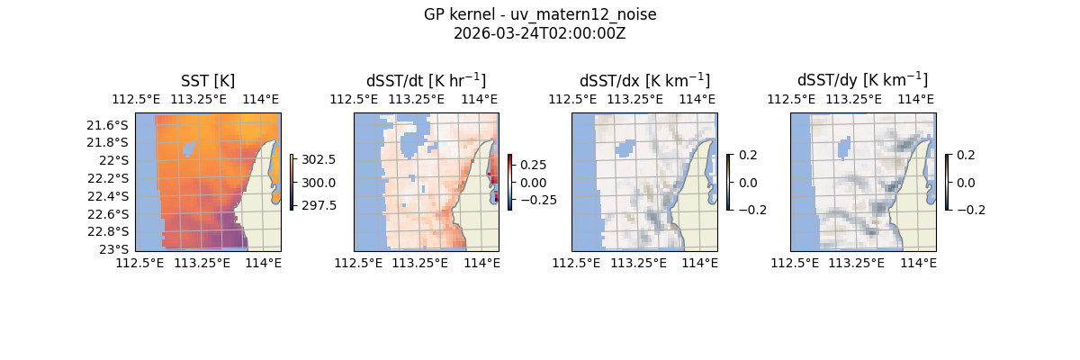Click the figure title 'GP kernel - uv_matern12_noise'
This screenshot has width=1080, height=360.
pos(540,14)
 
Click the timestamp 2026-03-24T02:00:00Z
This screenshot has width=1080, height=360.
pos(540,33)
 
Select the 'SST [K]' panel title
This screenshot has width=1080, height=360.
pos(208,81)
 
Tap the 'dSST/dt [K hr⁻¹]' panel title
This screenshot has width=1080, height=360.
pos(426,80)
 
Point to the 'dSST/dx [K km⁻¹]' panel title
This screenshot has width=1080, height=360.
pos(644,80)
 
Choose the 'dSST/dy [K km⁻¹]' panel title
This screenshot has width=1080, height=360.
pos(862,80)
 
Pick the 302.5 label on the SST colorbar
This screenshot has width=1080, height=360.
pos(319,160)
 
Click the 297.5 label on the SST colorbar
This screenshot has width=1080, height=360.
pos(319,205)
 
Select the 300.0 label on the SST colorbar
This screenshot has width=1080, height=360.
pos(319,183)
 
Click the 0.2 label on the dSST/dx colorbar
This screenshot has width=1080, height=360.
pos(748,155)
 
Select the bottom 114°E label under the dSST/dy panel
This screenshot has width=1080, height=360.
pos(918,263)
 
